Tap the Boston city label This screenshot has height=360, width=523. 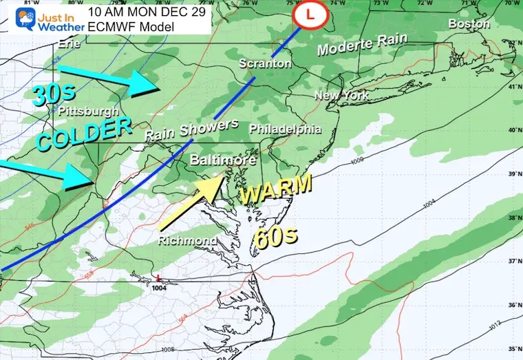pos(470,23)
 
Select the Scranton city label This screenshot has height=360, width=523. pos(262,64)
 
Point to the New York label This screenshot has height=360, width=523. pos(342,96)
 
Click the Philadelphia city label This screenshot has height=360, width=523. pos(286,129)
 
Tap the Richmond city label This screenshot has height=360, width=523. pos(188,240)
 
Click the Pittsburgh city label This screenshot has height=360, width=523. pos(88,111)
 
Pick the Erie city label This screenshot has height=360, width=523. pos(70,43)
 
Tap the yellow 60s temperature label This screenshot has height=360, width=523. pos(276,238)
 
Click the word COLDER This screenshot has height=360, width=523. pos(83,134)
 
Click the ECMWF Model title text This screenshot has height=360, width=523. pos(131,27)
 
